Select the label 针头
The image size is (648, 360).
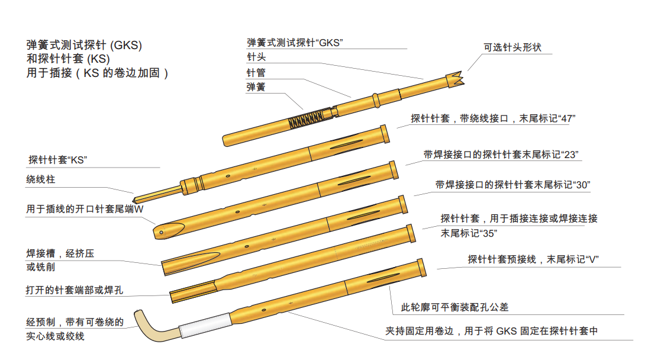[256, 57]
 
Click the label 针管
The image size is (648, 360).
[256, 73]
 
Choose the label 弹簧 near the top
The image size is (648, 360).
[256, 87]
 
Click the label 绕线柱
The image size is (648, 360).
[41, 179]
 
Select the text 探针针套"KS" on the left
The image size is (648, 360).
[58, 160]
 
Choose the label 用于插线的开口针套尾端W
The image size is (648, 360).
[85, 209]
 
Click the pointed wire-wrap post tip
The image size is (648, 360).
[137, 198]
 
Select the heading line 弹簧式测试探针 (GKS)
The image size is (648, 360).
[84, 45]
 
